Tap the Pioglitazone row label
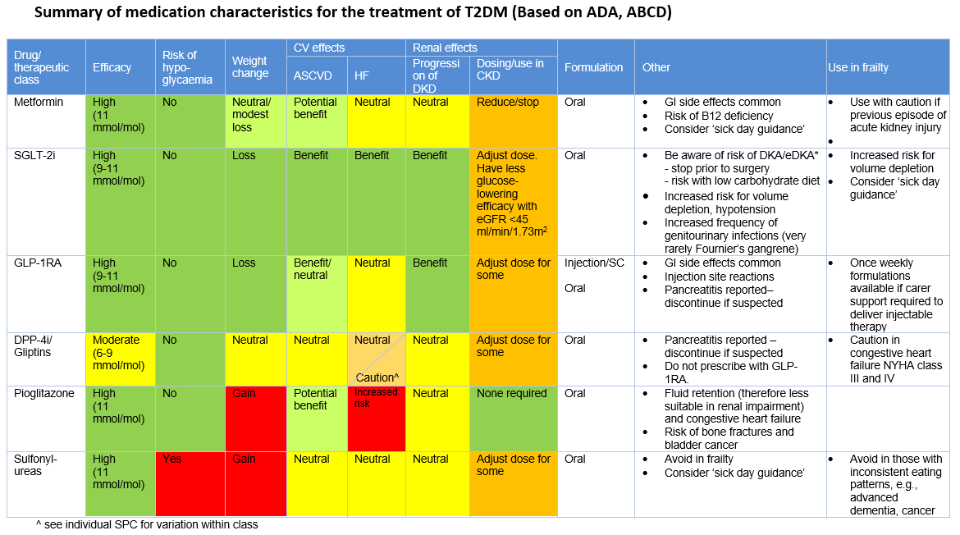click(44, 394)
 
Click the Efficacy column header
click(112, 67)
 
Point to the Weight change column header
click(250, 67)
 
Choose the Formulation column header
click(593, 67)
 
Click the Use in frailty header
click(858, 67)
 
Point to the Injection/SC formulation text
click(594, 263)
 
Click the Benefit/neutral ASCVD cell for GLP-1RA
click(316, 269)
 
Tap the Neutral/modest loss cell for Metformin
click(255, 115)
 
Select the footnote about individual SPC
click(147, 524)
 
